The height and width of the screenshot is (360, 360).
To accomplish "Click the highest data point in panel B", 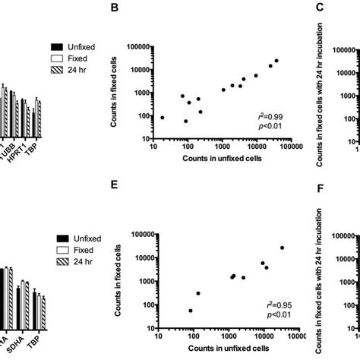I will click(276, 61).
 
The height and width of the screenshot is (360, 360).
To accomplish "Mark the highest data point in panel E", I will click(282, 248).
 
